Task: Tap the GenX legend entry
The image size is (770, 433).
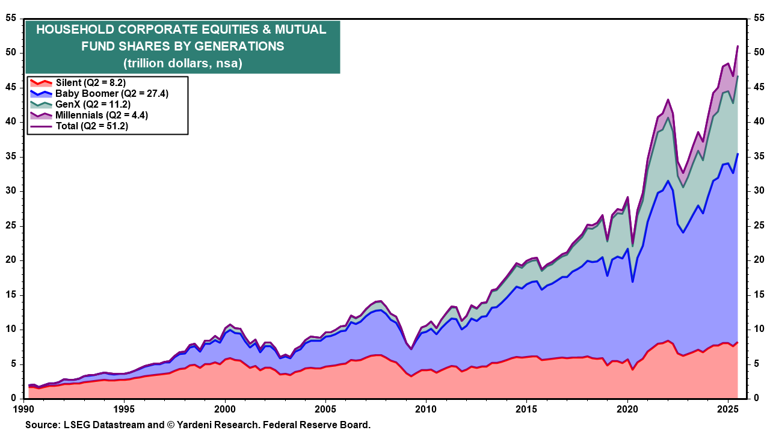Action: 93,104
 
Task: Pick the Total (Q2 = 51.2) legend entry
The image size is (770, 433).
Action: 91,126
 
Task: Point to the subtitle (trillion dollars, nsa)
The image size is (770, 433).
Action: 182,63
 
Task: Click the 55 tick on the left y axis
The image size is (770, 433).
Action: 11,18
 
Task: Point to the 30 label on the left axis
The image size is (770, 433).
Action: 11,191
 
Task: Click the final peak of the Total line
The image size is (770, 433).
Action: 738,46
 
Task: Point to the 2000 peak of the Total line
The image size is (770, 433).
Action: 230,324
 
